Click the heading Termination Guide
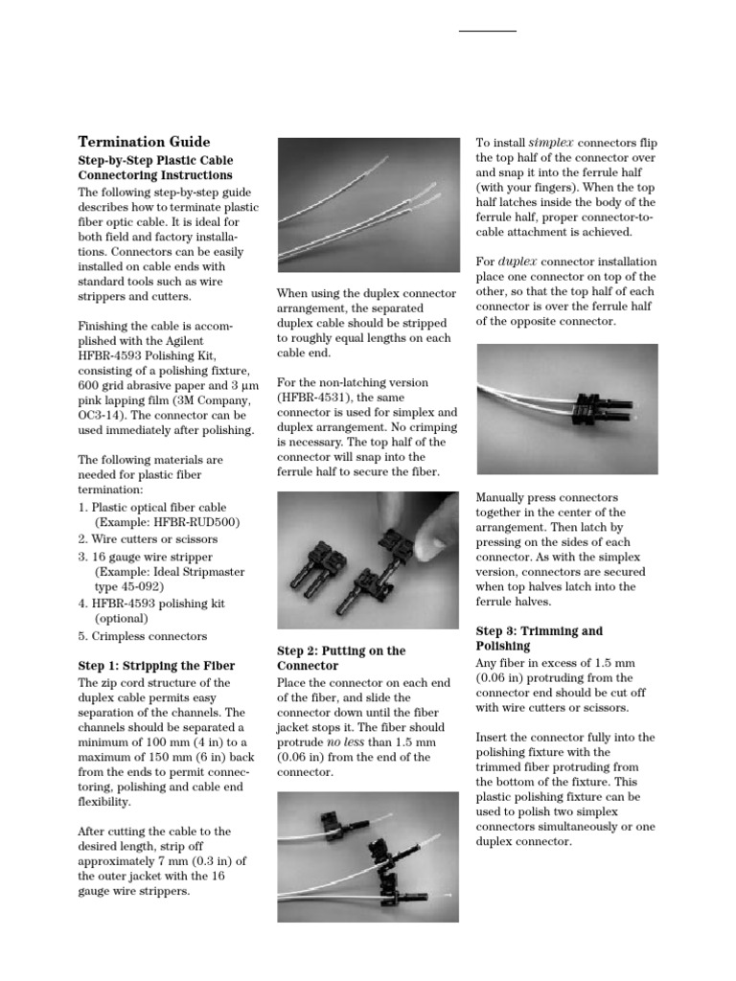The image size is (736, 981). [x=144, y=141]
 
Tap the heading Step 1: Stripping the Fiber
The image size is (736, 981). [x=156, y=665]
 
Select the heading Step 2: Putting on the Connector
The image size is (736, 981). [x=341, y=658]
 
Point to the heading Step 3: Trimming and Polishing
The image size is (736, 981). [x=540, y=638]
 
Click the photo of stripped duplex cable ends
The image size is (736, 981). [x=368, y=204]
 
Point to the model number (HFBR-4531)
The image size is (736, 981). [x=314, y=397]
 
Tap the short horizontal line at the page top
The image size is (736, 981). [x=487, y=32]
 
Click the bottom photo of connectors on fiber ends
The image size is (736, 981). [x=368, y=856]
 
